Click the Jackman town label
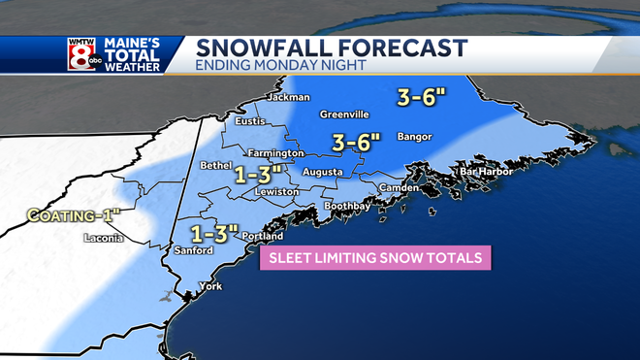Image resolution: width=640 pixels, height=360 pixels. (291, 97)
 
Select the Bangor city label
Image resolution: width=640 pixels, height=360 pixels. (412, 136)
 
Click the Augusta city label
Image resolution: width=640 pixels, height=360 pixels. (322, 172)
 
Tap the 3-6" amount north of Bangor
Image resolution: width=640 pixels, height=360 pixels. (421, 97)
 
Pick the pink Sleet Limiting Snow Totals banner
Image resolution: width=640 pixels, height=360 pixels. (374, 257)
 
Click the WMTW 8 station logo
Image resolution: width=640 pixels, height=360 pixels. (80, 55)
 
